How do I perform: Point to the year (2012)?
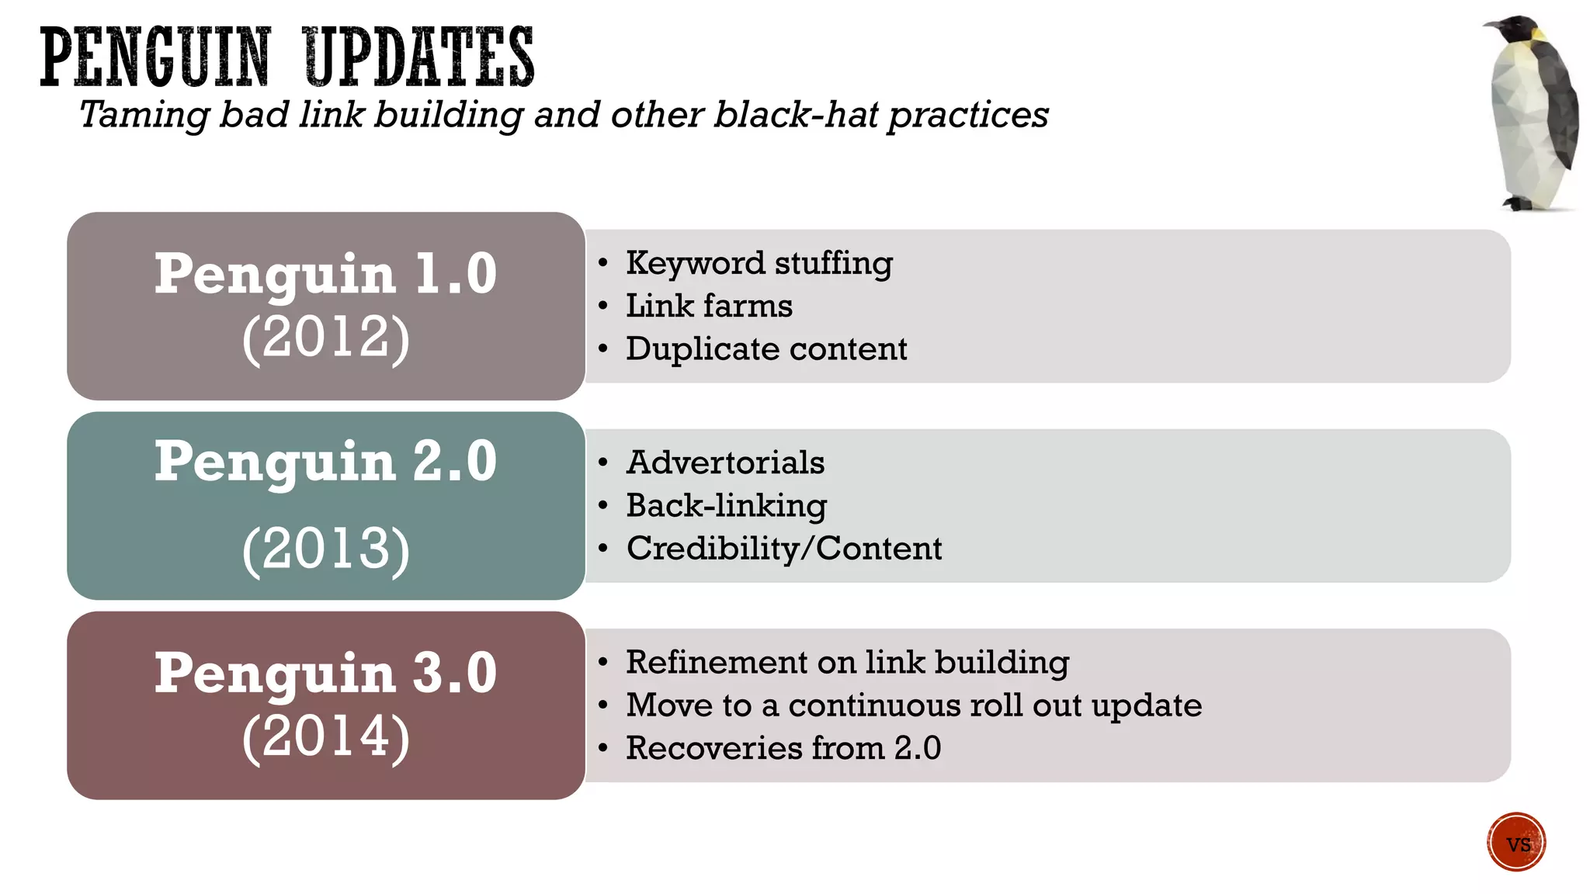(325, 338)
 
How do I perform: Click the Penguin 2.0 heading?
(325, 461)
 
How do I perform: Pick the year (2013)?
(325, 549)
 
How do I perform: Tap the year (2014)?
(325, 736)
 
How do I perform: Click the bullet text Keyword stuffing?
(759, 263)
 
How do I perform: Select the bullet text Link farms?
(709, 306)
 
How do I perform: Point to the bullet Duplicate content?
(766, 349)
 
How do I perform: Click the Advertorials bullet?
(725, 463)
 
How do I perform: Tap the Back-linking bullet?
(726, 506)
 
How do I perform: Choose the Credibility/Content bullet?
(784, 549)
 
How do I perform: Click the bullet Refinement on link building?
(847, 662)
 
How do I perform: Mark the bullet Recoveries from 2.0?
(783, 748)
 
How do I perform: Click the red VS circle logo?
(1516, 842)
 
